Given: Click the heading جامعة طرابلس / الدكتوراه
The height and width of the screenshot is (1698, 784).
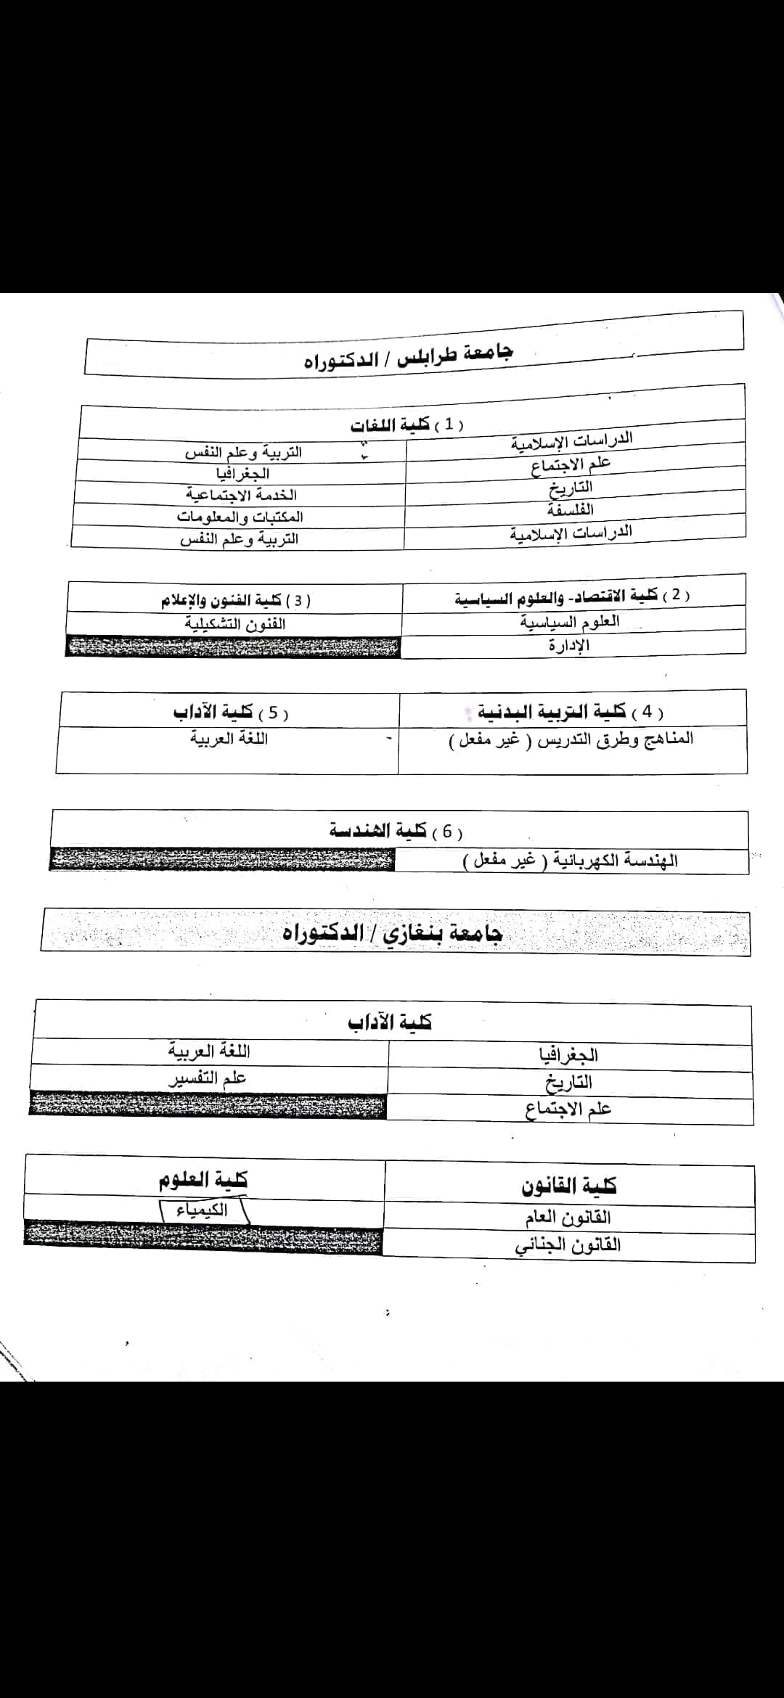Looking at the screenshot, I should [408, 356].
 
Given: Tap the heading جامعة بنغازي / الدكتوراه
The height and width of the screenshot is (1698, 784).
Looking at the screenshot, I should [392, 932].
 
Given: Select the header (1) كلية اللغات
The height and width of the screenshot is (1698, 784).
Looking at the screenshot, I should [407, 424].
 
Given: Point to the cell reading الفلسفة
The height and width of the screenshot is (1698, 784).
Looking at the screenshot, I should [571, 509].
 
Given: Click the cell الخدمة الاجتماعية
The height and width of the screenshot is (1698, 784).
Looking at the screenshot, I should [242, 495].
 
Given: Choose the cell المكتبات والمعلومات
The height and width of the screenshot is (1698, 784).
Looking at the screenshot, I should [240, 517].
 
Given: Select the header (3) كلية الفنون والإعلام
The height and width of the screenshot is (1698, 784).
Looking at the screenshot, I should [236, 601].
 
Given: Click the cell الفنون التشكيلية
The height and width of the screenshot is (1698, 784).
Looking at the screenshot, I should [234, 624].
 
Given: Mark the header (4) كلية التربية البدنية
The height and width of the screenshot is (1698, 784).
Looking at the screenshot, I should [571, 712].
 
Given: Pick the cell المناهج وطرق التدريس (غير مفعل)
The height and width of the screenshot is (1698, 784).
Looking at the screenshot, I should [571, 739].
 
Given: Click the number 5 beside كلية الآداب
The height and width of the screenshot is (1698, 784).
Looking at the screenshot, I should [273, 713].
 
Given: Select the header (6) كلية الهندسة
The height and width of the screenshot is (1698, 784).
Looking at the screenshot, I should [396, 831].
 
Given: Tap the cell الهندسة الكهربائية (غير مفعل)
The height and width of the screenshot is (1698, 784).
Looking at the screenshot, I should [571, 861].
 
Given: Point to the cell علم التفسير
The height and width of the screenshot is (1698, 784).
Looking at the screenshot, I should [208, 1079].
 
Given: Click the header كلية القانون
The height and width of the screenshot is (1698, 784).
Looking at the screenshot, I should [568, 1186].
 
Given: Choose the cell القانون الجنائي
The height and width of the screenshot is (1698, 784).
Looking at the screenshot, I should [568, 1245].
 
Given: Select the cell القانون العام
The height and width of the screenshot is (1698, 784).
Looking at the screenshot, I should [568, 1217].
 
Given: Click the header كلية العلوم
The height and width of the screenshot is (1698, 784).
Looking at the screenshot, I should [203, 1181].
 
